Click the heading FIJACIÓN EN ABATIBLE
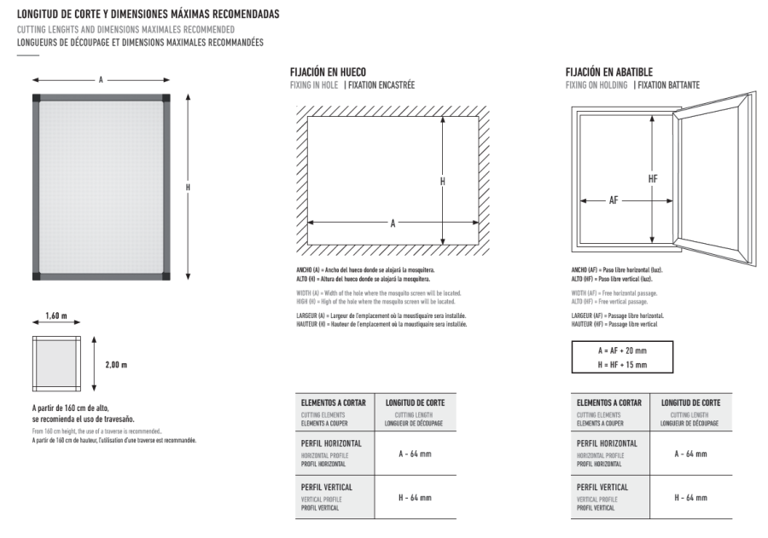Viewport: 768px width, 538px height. (609, 72)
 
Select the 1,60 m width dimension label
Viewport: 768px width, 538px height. (57, 316)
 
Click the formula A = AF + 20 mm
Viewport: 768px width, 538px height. (622, 351)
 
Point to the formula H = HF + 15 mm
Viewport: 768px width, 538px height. (622, 365)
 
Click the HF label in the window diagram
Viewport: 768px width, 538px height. (653, 179)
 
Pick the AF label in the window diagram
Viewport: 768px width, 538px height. (614, 201)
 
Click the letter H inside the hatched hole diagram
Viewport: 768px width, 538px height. (443, 182)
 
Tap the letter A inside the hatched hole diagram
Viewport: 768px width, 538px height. (393, 223)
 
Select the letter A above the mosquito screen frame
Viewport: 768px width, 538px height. (101, 79)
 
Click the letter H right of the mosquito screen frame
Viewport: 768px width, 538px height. (188, 187)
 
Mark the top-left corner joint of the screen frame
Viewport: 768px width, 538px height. (36, 98)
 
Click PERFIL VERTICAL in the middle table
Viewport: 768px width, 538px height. (326, 488)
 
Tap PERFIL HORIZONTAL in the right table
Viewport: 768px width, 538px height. (607, 444)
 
